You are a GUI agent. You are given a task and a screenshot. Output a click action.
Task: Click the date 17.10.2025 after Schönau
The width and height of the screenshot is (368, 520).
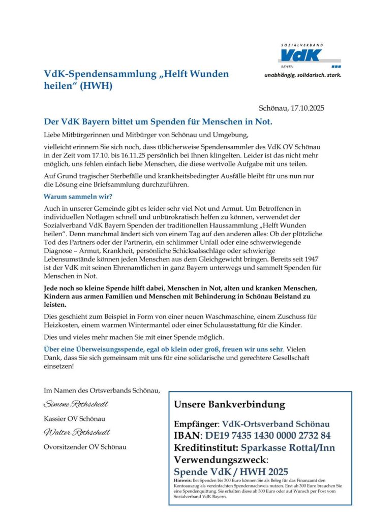click(x=307, y=108)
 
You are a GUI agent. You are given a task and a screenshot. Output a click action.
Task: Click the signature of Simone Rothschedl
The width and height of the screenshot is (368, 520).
click(x=76, y=404)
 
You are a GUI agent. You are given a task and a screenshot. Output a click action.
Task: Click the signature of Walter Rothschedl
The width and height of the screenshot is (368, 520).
click(x=76, y=433)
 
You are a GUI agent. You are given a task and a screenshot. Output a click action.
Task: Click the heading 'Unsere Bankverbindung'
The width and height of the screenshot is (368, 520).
click(x=229, y=405)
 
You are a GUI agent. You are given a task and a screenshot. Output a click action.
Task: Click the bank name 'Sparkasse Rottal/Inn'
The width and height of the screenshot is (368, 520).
click(x=288, y=447)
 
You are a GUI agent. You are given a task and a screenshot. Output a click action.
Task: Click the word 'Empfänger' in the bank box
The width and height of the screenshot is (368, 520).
click(x=196, y=424)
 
